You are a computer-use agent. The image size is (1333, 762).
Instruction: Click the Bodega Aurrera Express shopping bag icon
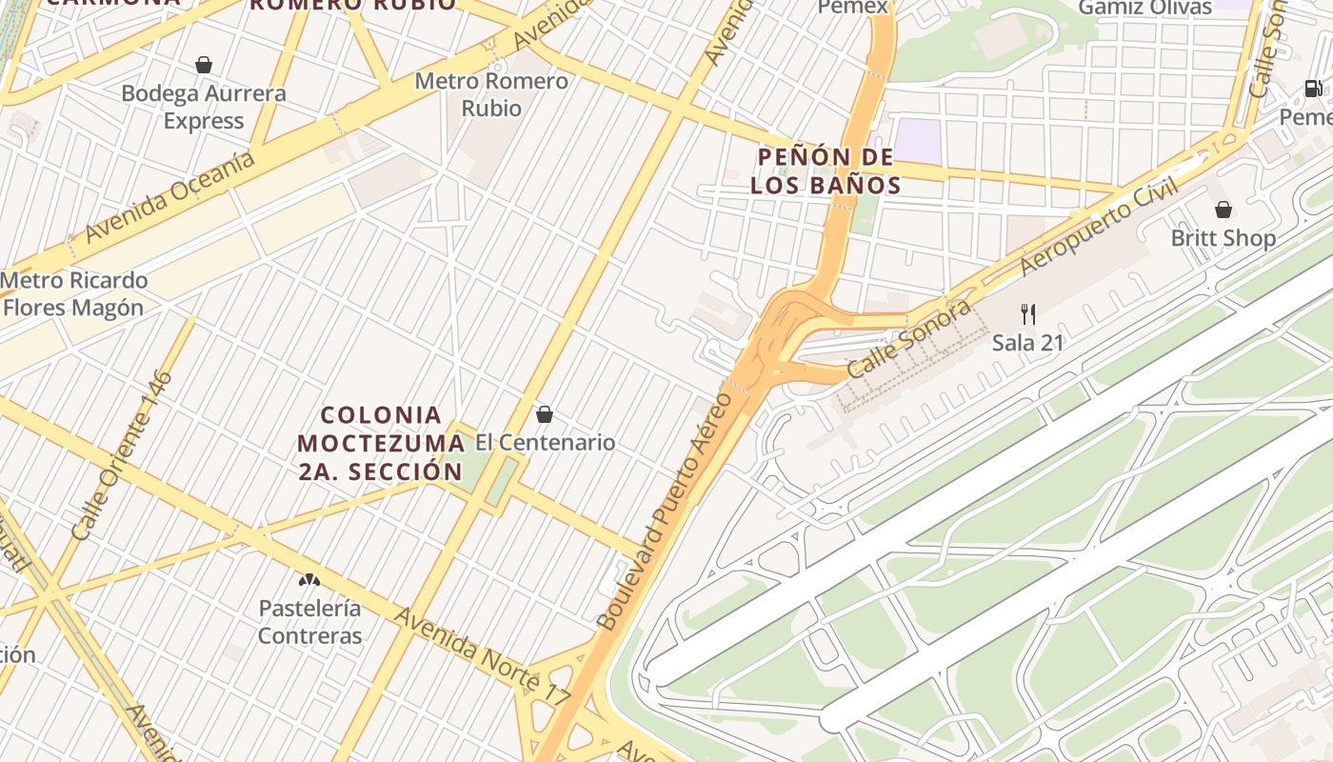tap(203, 65)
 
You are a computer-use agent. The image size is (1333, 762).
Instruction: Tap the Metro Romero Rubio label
tap(491, 94)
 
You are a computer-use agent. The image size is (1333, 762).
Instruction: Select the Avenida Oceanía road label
tap(170, 195)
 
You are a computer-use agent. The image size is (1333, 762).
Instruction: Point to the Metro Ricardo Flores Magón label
tap(74, 294)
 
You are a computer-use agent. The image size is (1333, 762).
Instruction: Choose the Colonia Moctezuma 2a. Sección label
tap(381, 443)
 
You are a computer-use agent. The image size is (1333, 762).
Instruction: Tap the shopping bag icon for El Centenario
tap(545, 414)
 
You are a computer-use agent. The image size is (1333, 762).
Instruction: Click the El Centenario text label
tap(546, 443)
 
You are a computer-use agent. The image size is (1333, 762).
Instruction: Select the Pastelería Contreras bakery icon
tap(308, 579)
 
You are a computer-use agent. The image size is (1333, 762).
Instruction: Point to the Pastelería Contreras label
tap(310, 622)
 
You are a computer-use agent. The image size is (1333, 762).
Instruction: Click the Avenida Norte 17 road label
tap(483, 658)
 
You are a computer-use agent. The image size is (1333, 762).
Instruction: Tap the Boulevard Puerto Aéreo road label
tap(666, 511)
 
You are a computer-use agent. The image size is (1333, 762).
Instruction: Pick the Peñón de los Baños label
tap(826, 170)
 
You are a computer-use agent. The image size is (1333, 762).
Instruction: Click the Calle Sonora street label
tap(909, 339)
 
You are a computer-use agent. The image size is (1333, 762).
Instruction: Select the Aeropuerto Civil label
tap(1099, 227)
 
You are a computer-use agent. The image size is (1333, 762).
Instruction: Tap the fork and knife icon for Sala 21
tap(1027, 313)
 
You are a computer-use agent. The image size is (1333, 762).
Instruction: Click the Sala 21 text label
tap(1027, 343)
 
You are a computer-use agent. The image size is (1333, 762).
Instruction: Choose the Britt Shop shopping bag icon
tap(1224, 210)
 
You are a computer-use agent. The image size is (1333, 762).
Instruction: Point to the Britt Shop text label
tap(1224, 238)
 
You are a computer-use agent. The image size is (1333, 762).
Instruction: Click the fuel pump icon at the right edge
tap(1313, 89)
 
